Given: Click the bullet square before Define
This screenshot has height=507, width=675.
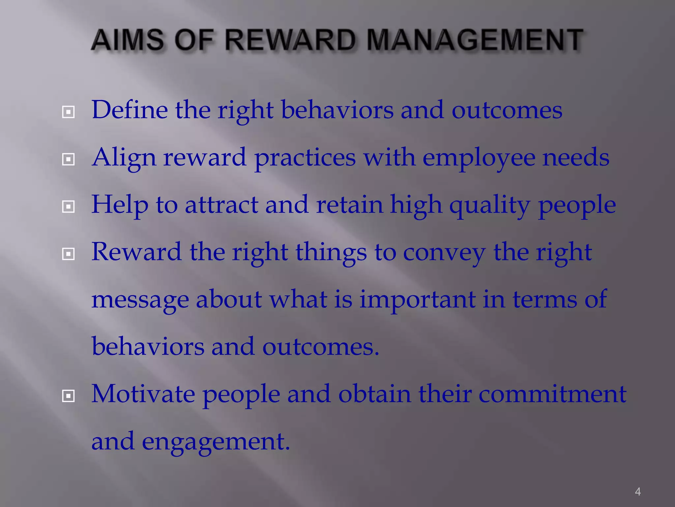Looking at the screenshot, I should click(68, 112).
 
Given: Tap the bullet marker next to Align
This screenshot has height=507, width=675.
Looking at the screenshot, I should click(68, 160).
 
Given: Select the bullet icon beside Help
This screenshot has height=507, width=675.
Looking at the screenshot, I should click(68, 207).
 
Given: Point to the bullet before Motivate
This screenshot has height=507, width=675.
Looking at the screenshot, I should click(68, 396).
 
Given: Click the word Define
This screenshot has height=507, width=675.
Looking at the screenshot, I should click(130, 110).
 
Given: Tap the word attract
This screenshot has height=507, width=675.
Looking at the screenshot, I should click(221, 205).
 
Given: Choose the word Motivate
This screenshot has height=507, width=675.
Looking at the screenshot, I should click(143, 394).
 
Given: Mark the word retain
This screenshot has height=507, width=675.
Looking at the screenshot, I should click(349, 205).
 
